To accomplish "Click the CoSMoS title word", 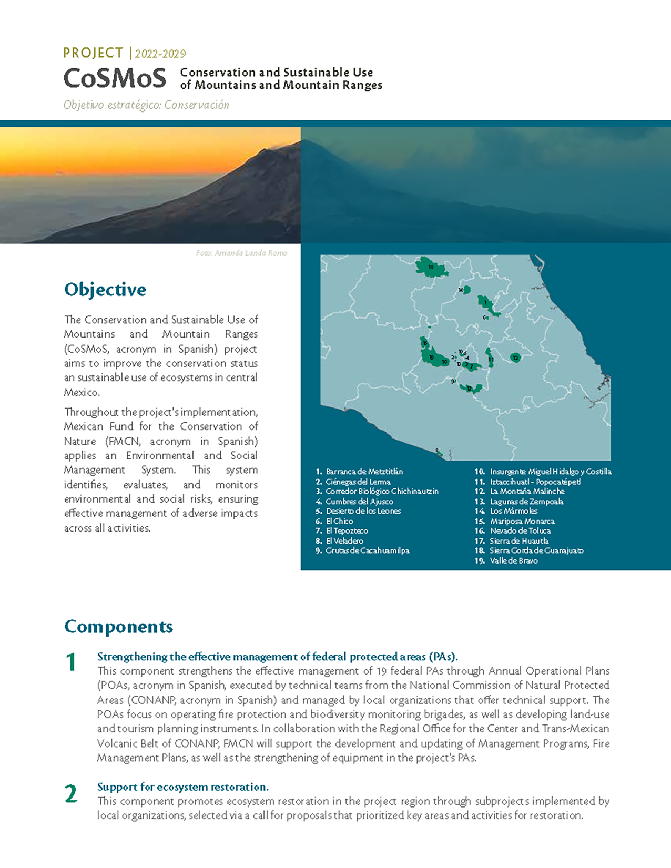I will coord(115,78).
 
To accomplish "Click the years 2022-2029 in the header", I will coord(160,54).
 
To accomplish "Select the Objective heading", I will coord(105,290).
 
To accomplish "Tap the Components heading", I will coord(118,627).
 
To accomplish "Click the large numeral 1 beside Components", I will coord(71,662).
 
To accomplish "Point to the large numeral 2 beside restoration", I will coord(71,794).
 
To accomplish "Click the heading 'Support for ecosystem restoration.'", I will coord(182,787).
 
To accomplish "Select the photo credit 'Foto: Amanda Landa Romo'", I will coord(241,253).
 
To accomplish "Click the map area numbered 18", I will coord(431,267).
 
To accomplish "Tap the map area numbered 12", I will coord(515,358).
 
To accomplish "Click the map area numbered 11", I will coord(490,359).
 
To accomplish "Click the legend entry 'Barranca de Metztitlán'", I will coord(364,472).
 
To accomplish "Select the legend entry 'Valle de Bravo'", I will coord(513,561).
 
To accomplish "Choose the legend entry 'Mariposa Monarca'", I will coord(522,521).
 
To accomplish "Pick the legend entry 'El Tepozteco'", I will coord(347,531).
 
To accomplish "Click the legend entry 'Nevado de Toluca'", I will coord(520,531).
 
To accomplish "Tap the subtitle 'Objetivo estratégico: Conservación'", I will coord(146,105).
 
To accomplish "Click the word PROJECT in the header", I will coord(93,53).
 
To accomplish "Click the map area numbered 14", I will coord(465,290).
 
